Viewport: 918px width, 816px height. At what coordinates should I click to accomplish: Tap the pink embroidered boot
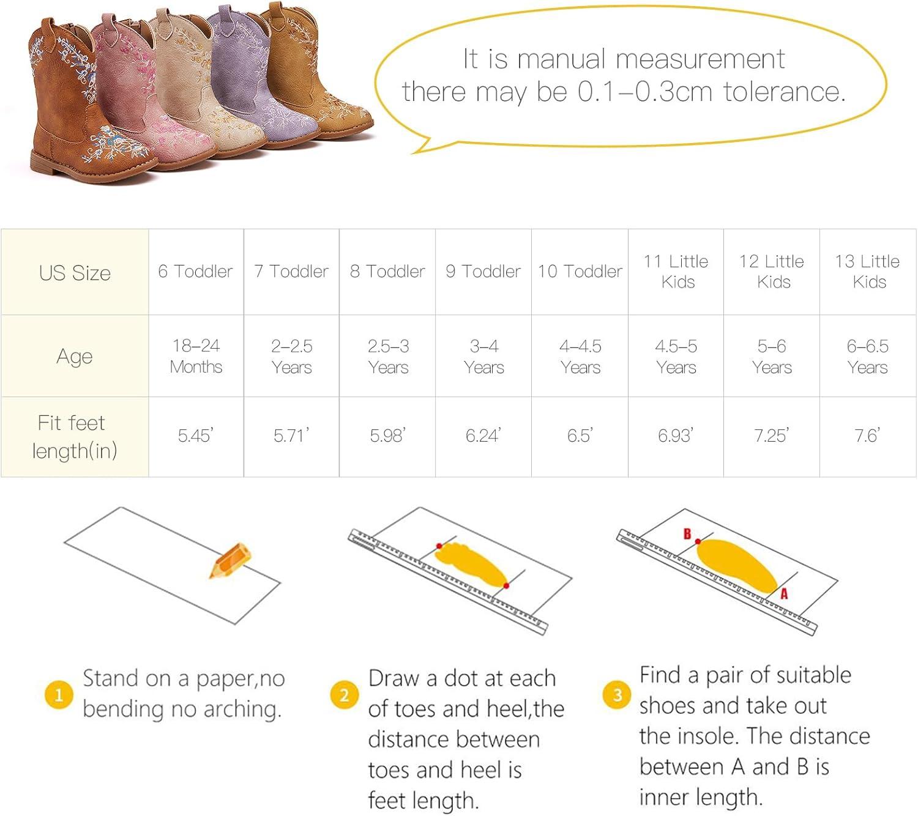[136, 91]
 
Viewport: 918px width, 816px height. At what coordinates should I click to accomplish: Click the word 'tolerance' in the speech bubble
[784, 92]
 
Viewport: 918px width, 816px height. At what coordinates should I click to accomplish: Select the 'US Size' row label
[75, 273]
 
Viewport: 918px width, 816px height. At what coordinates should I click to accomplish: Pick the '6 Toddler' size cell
[195, 271]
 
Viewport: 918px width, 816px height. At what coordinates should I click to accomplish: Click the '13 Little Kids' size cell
[867, 271]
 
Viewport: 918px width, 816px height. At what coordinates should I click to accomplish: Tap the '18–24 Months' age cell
[196, 356]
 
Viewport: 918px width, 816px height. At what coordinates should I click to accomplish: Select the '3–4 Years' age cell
[484, 357]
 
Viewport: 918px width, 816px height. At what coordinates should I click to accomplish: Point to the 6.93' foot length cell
[676, 435]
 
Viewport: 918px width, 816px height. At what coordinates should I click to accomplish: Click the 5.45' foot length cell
[196, 435]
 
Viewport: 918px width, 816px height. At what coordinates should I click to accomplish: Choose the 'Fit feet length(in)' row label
[75, 437]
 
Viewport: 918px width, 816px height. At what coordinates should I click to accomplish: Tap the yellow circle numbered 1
[59, 695]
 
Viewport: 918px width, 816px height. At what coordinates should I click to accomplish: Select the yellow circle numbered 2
[345, 695]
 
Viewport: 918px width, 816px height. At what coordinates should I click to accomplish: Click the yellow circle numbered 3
[617, 695]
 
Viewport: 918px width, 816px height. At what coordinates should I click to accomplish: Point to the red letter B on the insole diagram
[687, 534]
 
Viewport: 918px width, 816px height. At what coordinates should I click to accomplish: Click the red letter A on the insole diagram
[784, 593]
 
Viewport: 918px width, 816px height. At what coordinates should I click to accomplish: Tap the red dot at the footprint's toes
[439, 546]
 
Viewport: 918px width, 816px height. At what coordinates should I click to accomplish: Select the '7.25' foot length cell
[771, 435]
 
